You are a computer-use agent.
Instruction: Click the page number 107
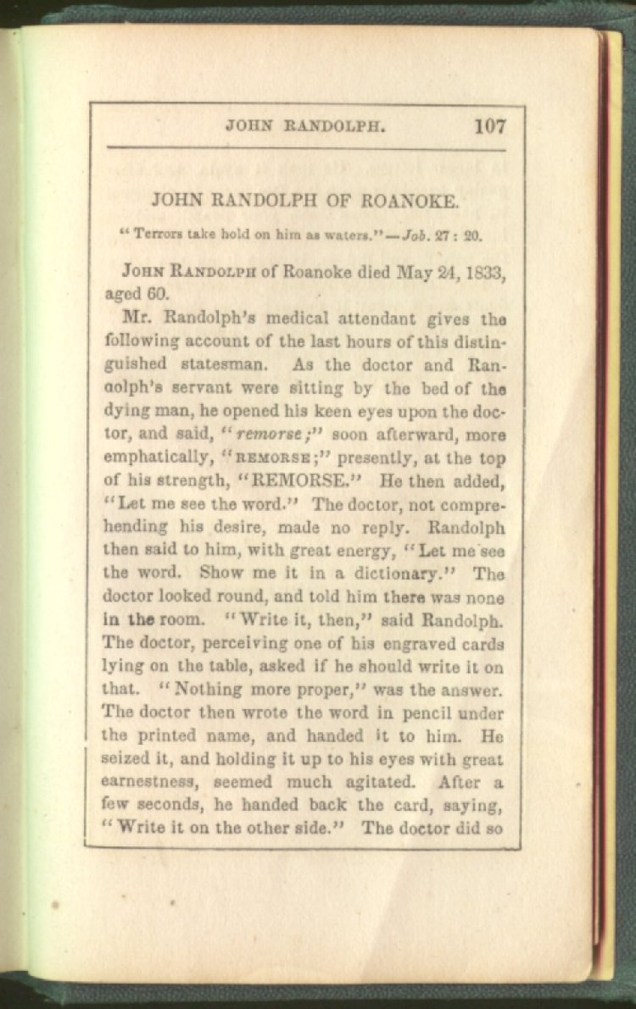coord(490,127)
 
